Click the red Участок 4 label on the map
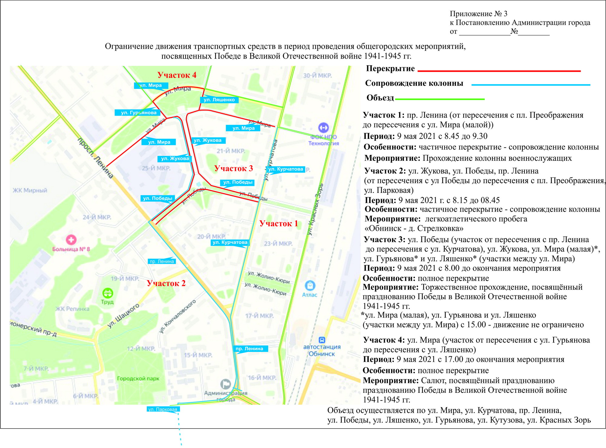(177, 75)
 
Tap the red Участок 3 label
(234, 169)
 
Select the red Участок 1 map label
(279, 224)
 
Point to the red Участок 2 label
(166, 283)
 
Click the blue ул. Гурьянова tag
(139, 113)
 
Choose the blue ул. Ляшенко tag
(219, 100)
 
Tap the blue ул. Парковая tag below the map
(163, 409)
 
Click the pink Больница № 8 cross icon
(71, 240)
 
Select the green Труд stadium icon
(108, 293)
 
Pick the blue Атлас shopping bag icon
(310, 285)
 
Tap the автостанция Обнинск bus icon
(322, 340)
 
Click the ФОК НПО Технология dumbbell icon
(324, 128)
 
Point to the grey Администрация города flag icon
(225, 384)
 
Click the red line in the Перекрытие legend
(499, 71)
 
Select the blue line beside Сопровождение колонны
(531, 85)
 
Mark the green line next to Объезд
(440, 99)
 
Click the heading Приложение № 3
(478, 14)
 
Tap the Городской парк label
(138, 379)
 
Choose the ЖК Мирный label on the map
(30, 190)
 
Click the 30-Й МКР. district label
(317, 76)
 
